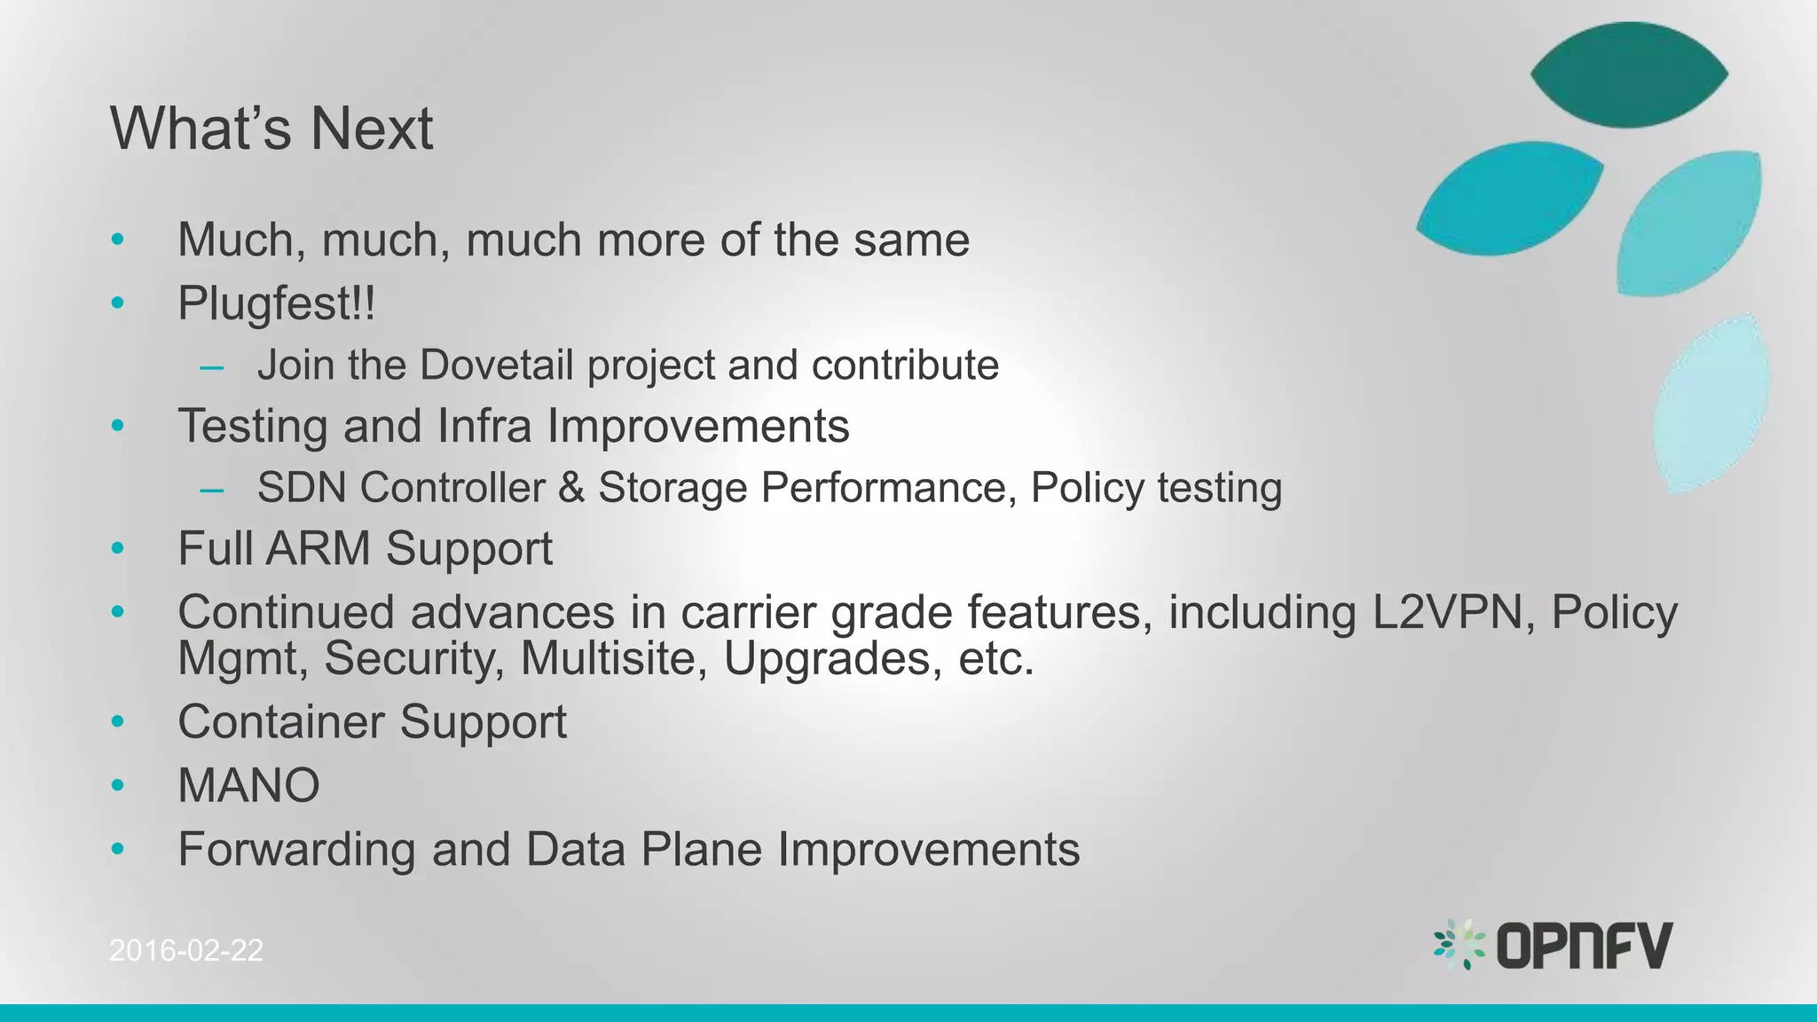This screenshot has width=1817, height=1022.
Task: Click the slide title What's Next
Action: (x=271, y=129)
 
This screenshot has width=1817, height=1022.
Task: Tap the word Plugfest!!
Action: (x=276, y=303)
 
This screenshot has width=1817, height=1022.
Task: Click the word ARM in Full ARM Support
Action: (x=318, y=548)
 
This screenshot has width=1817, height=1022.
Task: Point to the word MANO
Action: (x=248, y=785)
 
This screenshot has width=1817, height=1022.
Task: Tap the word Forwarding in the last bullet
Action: (x=296, y=849)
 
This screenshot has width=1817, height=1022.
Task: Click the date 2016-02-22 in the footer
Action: (x=186, y=950)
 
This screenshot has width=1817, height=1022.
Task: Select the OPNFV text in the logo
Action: (x=1585, y=945)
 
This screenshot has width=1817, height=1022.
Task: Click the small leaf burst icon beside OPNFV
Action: (x=1459, y=944)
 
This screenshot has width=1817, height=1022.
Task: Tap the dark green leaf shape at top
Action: (x=1629, y=75)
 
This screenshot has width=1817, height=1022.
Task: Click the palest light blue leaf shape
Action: (x=1711, y=404)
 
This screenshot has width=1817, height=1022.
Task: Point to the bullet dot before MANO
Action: (x=118, y=785)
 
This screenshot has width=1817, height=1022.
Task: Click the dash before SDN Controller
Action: (x=212, y=489)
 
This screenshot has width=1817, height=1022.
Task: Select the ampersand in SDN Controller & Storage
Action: (x=571, y=488)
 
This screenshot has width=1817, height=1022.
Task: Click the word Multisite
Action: (x=614, y=658)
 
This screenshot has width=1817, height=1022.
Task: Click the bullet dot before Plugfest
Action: (x=118, y=303)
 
